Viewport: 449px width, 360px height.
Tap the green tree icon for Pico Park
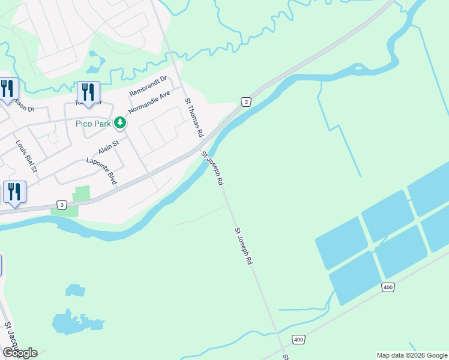(120, 122)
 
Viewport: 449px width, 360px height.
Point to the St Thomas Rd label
(194, 118)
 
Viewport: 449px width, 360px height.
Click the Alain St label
(109, 146)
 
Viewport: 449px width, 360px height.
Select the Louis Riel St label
(26, 156)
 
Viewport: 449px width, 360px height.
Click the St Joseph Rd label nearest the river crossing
(212, 167)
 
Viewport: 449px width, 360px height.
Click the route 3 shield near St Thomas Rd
(246, 102)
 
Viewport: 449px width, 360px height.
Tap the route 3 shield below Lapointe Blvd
(61, 204)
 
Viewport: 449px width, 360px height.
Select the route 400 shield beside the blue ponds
(388, 288)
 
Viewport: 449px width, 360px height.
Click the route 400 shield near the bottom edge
(298, 340)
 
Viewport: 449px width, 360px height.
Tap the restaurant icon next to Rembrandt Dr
(88, 92)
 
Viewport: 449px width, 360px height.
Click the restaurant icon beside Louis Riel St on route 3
(14, 192)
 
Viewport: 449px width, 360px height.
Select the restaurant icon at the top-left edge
(7, 89)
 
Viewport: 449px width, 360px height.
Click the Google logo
(20, 353)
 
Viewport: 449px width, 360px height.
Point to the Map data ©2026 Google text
(411, 355)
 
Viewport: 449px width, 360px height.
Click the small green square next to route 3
(81, 194)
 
